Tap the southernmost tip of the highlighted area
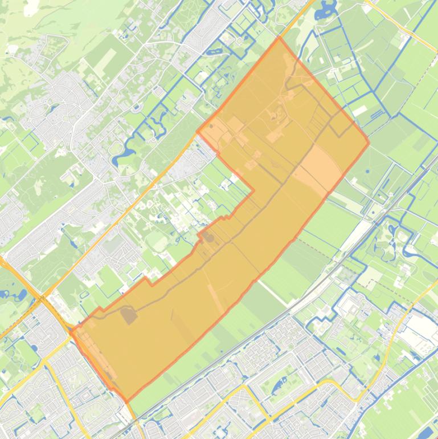point(126,401)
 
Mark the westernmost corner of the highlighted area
point(71,330)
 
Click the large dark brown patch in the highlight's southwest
point(129,315)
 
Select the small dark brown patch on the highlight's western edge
point(208,237)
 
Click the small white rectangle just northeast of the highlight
point(360,110)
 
